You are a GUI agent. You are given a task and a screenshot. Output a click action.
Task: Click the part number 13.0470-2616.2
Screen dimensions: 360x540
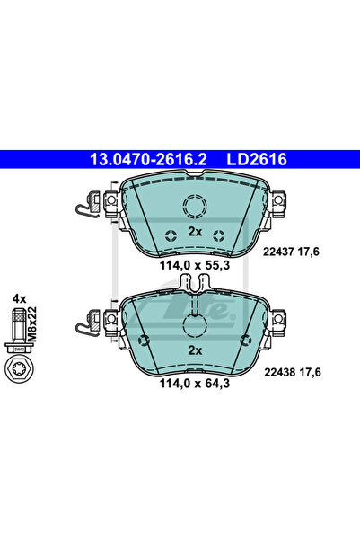point(148,159)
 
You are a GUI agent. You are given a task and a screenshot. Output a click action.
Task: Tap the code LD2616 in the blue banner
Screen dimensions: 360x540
point(257,159)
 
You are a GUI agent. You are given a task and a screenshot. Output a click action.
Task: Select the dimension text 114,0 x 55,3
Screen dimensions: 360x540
point(195,265)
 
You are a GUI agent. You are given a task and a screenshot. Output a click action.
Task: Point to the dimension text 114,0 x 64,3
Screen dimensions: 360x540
point(195,384)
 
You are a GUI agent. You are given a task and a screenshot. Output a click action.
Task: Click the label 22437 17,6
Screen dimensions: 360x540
point(291,252)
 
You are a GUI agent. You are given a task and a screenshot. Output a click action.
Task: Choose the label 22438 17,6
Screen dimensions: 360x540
point(292,372)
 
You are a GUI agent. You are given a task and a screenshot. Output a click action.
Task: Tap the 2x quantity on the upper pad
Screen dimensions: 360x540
point(195,232)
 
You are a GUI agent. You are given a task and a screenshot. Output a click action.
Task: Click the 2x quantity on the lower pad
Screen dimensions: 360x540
point(195,350)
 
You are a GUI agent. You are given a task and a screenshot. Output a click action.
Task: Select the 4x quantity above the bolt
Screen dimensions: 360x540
point(19,298)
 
